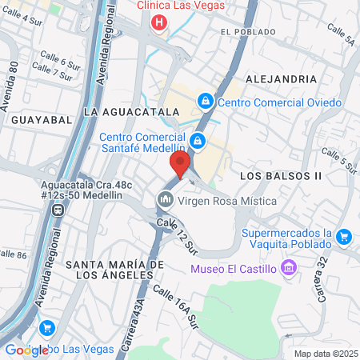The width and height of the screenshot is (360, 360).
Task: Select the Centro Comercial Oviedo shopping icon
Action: [x=206, y=102]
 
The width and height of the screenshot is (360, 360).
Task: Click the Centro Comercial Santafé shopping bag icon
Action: [x=198, y=142]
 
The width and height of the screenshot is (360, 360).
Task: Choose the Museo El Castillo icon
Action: [x=290, y=266]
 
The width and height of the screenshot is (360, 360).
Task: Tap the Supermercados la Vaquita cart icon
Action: [x=345, y=236]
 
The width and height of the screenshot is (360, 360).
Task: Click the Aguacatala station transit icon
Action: [x=58, y=210]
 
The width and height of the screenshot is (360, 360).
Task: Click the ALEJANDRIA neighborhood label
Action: [x=278, y=78]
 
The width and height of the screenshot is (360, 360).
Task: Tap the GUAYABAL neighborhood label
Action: [x=37, y=118]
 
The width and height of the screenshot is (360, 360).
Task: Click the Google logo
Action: [x=26, y=350]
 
